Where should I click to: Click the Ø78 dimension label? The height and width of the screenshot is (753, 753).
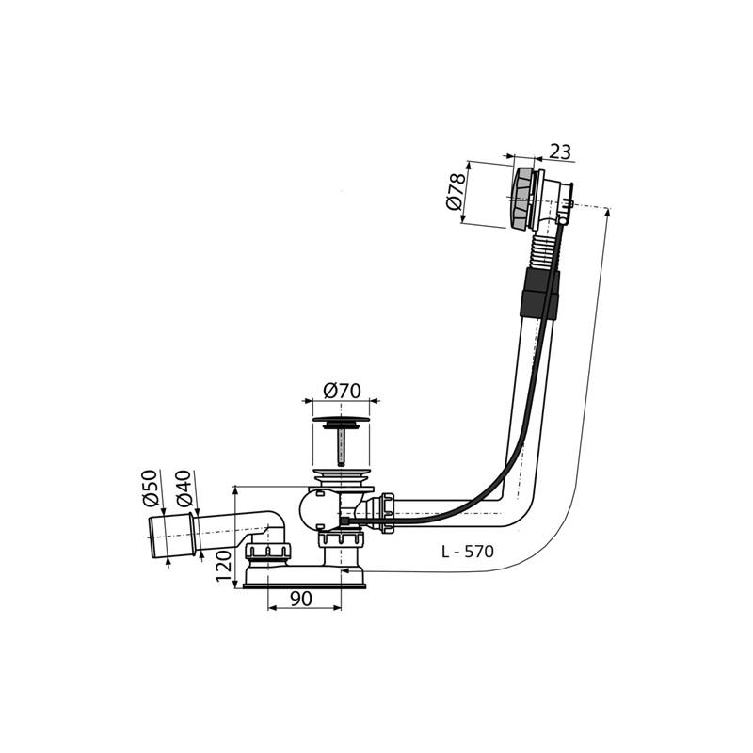coord(456,192)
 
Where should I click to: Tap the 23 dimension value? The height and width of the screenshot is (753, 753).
coord(560,152)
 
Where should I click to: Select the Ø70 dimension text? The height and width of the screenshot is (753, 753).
coord(342,391)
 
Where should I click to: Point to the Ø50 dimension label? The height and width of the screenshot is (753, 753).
coord(151,488)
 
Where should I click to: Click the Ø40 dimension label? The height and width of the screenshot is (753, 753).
coord(184,488)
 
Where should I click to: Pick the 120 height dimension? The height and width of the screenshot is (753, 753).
coord(224,567)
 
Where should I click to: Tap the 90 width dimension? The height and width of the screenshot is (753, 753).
coord(300,599)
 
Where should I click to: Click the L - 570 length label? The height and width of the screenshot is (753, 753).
coord(467,552)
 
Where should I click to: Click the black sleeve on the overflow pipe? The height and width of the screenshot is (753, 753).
coord(539,293)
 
